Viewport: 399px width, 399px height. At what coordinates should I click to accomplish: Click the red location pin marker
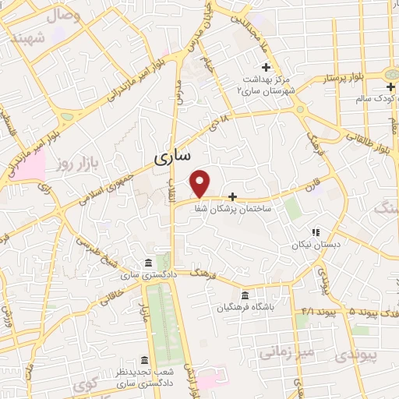tap(201, 183)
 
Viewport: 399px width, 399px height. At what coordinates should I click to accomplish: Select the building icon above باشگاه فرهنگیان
tap(245, 296)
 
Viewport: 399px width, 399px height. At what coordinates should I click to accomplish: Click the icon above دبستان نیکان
tap(316, 231)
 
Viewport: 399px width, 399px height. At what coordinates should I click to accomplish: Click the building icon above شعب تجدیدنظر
tap(144, 360)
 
